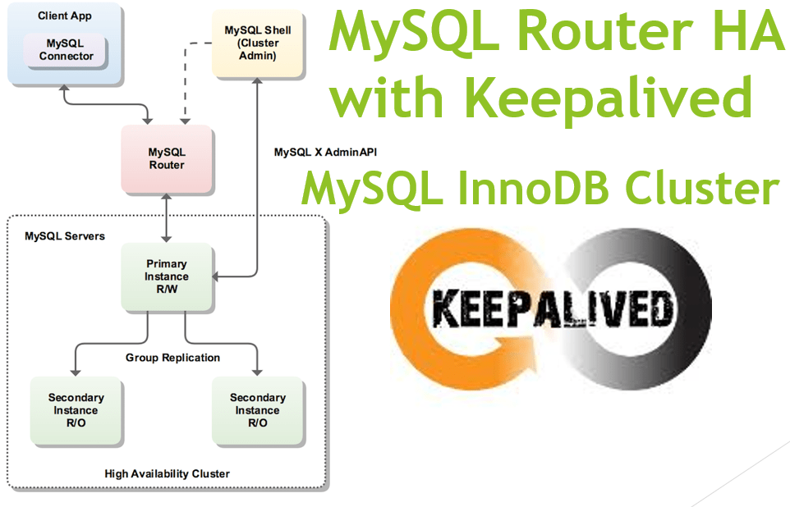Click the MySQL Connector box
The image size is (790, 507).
click(66, 50)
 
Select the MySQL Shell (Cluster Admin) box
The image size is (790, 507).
click(257, 43)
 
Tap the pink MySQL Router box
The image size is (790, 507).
click(166, 159)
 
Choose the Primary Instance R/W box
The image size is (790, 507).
click(166, 277)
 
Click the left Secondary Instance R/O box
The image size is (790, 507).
click(76, 410)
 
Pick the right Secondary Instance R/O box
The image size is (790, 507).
click(257, 410)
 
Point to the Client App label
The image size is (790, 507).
click(63, 16)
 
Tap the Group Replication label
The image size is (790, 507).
click(172, 358)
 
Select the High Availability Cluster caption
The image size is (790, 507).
click(167, 473)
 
